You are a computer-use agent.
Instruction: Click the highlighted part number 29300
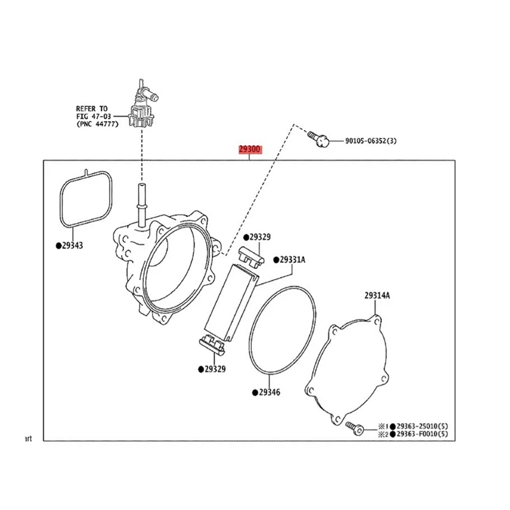coord(250,150)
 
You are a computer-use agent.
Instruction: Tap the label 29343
coord(73,245)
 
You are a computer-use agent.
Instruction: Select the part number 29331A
coord(293,259)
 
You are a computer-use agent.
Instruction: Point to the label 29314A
coord(377,295)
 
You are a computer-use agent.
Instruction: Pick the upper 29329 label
coord(258,237)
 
